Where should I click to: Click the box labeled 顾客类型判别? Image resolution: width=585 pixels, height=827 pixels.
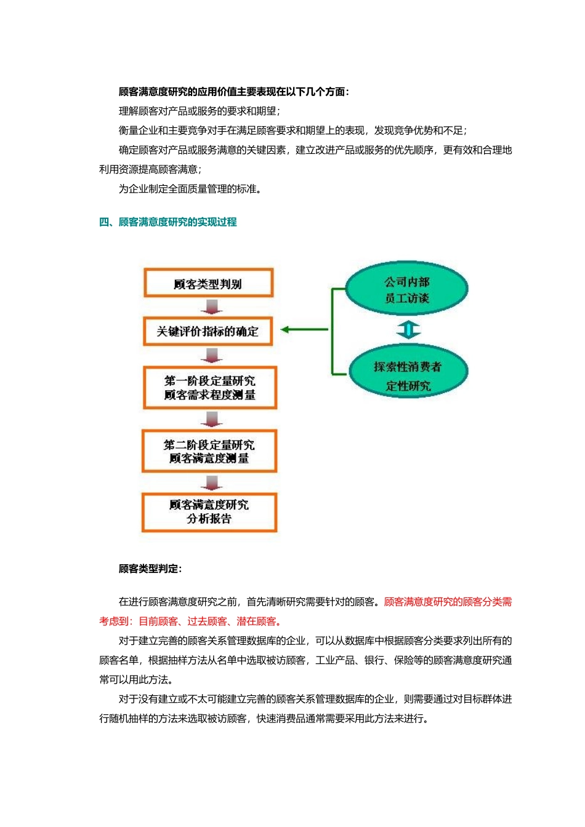click(208, 284)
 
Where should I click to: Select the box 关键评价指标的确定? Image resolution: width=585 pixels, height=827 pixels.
click(208, 331)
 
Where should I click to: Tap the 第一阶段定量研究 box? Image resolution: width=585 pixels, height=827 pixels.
click(209, 388)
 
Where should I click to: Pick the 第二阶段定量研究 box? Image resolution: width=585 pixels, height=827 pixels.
click(209, 451)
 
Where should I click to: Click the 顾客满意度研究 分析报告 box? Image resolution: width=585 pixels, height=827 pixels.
click(209, 511)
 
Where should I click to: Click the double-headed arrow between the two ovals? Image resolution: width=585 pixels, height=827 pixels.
click(408, 330)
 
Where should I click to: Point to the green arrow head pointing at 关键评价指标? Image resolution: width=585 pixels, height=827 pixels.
click(285, 330)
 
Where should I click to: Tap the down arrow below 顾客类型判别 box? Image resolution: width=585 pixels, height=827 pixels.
click(211, 306)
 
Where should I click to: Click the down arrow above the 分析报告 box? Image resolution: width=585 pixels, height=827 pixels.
click(211, 483)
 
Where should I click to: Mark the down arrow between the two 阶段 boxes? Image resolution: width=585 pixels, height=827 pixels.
click(211, 419)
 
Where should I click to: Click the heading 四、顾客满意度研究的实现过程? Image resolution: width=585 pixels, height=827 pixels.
click(168, 222)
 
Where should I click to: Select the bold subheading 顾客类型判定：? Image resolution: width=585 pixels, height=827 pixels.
click(150, 569)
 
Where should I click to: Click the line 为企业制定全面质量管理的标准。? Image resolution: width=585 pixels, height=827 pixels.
click(190, 189)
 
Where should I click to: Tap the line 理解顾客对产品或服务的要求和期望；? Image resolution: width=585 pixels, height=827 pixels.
click(200, 111)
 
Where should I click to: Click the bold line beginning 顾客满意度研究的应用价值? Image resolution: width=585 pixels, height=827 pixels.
click(234, 92)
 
